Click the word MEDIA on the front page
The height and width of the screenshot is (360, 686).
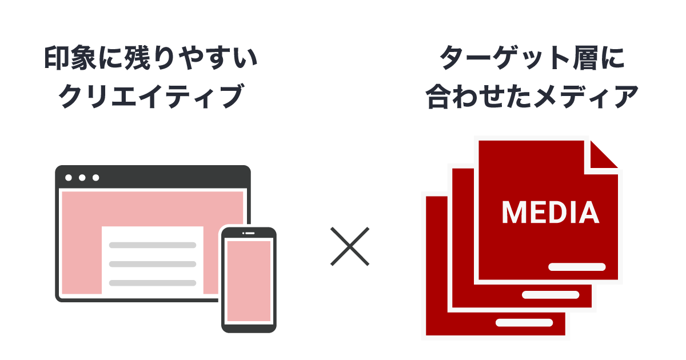[550, 212]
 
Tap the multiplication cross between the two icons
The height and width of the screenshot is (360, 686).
[350, 246]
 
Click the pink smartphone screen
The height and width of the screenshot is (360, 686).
[249, 281]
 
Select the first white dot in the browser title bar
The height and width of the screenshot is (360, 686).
[69, 178]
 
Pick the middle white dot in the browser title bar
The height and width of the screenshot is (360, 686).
[82, 178]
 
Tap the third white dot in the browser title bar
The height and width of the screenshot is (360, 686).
[96, 178]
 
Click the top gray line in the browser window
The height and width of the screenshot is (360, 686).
[153, 245]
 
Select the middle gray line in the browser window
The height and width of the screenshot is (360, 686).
[153, 264]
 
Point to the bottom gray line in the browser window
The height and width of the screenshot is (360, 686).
[153, 283]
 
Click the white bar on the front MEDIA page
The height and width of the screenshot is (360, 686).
[576, 267]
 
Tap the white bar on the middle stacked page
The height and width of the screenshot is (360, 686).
[550, 295]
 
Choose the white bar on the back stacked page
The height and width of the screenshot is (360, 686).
[524, 322]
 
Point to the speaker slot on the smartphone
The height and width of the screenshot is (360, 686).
[249, 233]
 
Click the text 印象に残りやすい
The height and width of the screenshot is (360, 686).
[151, 59]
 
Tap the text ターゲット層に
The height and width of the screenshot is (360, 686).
[532, 59]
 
